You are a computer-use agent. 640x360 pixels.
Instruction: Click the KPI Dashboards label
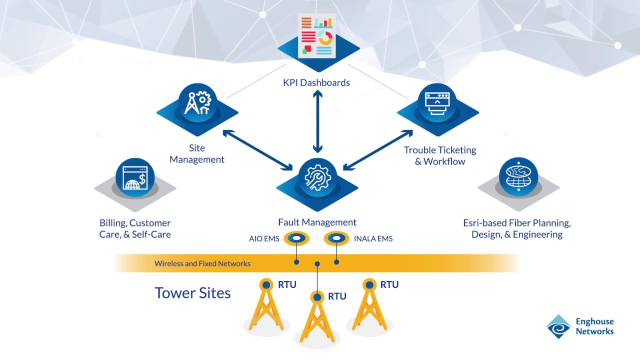317,82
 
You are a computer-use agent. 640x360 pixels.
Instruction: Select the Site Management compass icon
197,102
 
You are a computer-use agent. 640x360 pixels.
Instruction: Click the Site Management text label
197,154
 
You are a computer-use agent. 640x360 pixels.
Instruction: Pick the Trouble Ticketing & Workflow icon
437,102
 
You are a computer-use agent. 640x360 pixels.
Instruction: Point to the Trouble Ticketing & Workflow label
440,155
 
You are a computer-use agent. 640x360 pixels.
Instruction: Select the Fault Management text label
317,222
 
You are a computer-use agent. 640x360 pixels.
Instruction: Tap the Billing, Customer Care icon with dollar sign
135,177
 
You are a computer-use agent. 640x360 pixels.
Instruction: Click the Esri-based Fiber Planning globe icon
518,177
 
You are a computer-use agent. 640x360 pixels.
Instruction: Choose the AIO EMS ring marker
296,238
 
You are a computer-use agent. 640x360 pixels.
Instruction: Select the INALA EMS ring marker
336,238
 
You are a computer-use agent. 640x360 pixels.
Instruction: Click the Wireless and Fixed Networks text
202,263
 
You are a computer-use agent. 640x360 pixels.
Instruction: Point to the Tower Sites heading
192,292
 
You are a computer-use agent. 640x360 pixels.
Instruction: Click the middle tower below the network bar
317,317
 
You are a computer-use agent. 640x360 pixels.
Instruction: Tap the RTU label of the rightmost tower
389,285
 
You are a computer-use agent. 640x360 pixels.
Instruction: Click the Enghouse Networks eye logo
558,327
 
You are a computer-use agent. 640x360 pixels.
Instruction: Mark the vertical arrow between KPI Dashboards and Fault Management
317,122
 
